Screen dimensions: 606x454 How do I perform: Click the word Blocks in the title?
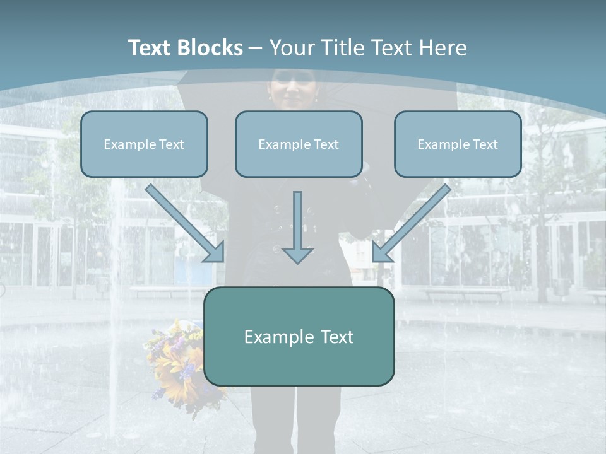tap(210, 47)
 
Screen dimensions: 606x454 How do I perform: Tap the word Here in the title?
tap(443, 47)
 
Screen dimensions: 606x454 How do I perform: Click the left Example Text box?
tap(144, 144)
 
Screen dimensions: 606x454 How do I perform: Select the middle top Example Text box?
tap(299, 144)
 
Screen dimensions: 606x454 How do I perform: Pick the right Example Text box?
tap(458, 144)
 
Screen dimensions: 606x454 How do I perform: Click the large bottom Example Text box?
tap(299, 336)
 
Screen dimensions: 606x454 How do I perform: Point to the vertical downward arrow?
tap(297, 228)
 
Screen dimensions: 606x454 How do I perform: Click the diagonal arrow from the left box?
tap(185, 223)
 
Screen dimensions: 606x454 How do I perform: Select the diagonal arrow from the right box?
tap(412, 223)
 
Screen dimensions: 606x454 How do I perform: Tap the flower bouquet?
tap(182, 367)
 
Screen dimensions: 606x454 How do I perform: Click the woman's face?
tap(293, 90)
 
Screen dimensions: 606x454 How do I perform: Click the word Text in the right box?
tap(485, 144)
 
